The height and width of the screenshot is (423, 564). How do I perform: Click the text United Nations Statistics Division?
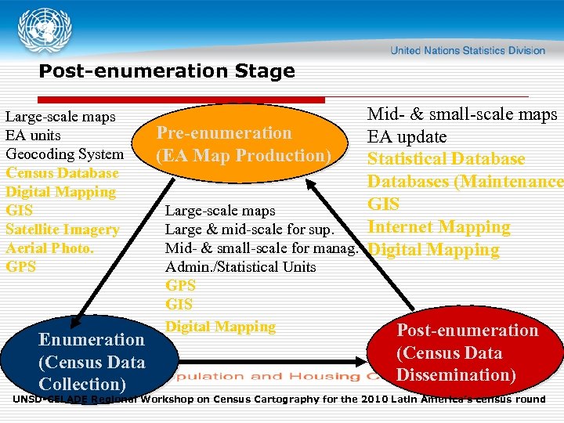click(468, 50)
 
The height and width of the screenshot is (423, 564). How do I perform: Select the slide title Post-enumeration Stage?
click(167, 71)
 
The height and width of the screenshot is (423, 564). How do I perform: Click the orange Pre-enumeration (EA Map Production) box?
click(244, 145)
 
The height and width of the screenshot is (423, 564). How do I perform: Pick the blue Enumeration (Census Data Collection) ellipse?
click(92, 361)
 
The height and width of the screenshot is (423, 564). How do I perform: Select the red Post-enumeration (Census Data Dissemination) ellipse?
click(467, 352)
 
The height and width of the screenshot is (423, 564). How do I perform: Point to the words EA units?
click(33, 136)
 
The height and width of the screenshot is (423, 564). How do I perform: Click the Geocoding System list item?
click(64, 154)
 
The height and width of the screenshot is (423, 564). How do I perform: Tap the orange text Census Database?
click(62, 173)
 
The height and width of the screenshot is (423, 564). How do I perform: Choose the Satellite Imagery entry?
click(62, 230)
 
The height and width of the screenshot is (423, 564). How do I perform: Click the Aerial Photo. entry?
click(49, 248)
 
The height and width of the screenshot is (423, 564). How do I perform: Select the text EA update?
click(407, 137)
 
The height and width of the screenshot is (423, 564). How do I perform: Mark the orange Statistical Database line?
click(446, 159)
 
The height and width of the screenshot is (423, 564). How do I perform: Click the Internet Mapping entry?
click(439, 227)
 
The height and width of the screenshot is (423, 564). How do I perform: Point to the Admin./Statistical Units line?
click(240, 267)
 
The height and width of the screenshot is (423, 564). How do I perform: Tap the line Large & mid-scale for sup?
click(249, 230)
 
